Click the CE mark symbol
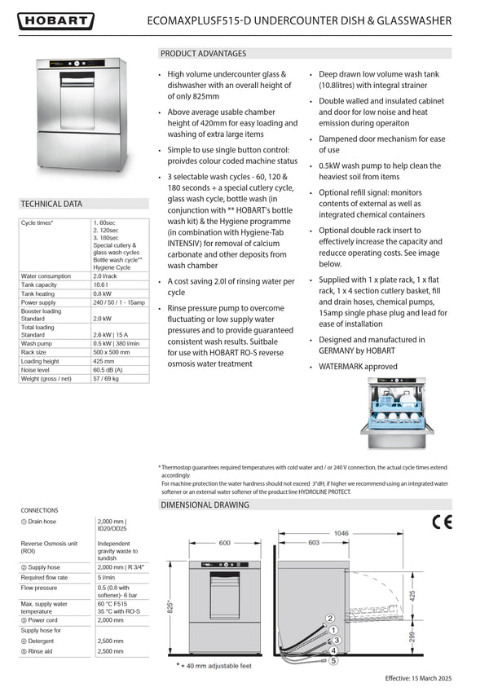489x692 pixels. coord(441,522)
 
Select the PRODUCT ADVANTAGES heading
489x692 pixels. coord(203,54)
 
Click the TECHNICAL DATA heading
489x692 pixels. coord(51,204)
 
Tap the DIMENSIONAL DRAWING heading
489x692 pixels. coord(205,505)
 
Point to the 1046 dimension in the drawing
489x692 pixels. coord(341,533)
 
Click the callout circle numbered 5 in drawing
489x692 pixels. coord(333,661)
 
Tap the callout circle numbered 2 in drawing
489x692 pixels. coord(330,619)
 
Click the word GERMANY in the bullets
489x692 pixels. coord(341,351)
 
